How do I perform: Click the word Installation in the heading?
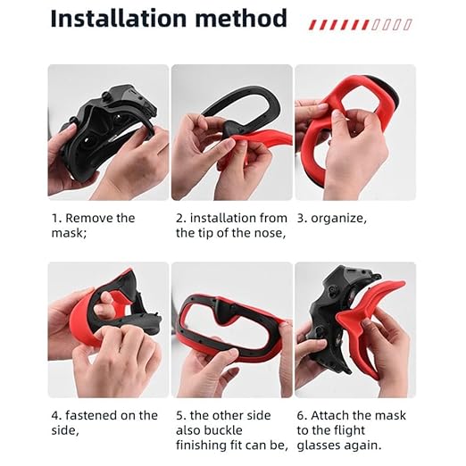[x=120, y=19]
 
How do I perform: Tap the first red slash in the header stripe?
[x=312, y=25]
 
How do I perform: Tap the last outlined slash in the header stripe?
[x=408, y=25]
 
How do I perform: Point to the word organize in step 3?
[x=338, y=219]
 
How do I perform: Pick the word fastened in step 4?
[x=91, y=415]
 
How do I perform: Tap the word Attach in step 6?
[x=328, y=415]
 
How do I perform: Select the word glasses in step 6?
[x=319, y=445]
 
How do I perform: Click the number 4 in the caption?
[x=54, y=416]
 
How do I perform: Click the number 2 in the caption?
[x=179, y=219]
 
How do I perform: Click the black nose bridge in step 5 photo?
[x=225, y=311]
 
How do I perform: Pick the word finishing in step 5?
[x=201, y=445]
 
